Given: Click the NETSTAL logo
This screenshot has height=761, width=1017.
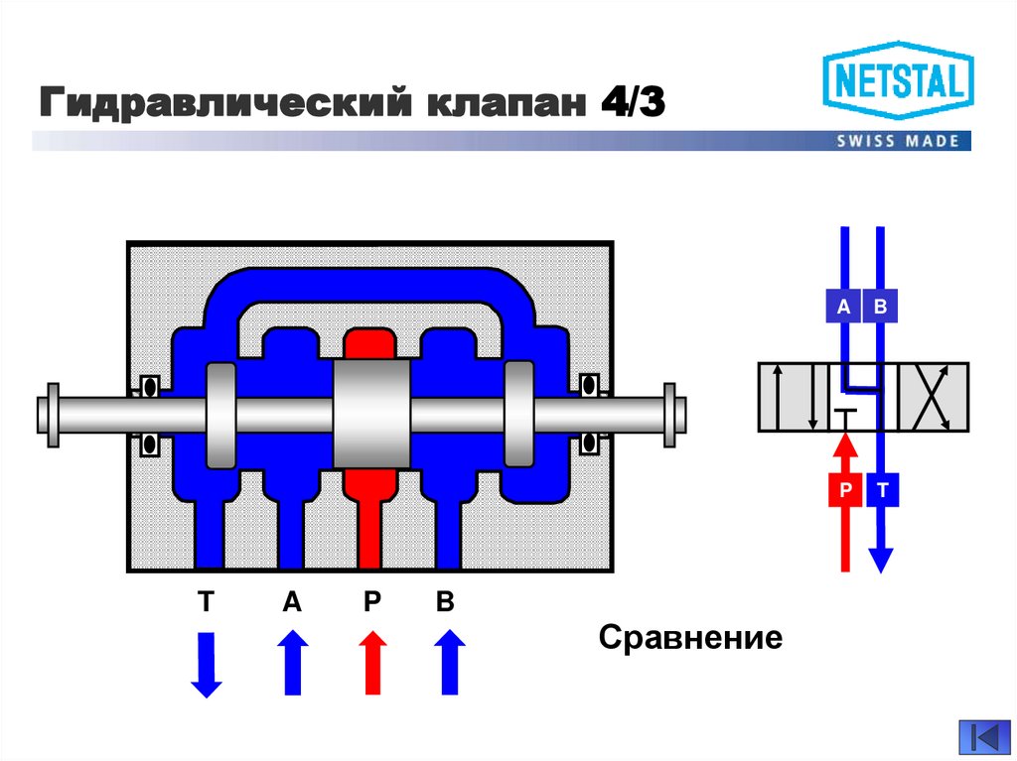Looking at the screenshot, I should click(x=898, y=84).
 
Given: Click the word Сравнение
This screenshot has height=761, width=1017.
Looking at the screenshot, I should click(x=691, y=637).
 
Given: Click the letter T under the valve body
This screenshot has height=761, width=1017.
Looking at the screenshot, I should click(x=207, y=603).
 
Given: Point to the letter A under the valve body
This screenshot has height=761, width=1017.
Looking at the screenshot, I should click(x=292, y=603).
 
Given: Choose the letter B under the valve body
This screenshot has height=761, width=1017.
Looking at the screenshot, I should click(x=446, y=603).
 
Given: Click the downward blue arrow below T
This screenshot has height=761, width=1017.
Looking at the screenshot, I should click(x=207, y=665).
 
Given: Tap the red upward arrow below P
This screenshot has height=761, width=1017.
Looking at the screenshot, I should click(x=373, y=663).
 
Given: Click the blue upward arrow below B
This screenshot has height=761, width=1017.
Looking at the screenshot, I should click(x=449, y=663).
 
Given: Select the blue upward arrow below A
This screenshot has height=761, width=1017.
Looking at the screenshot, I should click(x=293, y=663).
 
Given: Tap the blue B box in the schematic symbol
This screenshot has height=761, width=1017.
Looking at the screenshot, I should click(x=880, y=308).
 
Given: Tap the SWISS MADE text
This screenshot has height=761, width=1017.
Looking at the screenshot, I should click(x=898, y=141).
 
